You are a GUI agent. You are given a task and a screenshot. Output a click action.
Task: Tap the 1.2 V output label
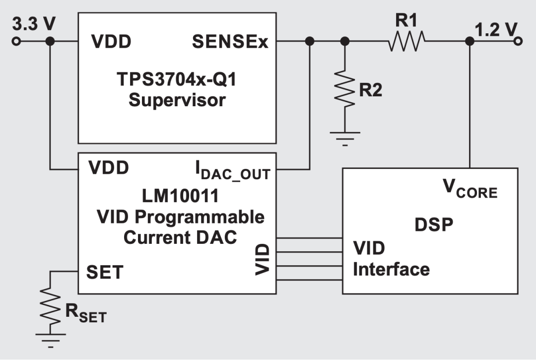coord(496,30)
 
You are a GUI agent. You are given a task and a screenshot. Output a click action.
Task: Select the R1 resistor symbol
coord(406,41)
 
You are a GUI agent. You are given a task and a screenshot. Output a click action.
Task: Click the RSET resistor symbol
coord(50,306)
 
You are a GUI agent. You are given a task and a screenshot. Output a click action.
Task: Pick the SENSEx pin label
coord(230,42)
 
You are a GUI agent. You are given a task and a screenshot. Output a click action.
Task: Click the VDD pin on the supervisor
coord(111,43)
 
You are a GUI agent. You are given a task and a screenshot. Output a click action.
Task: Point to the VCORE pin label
coord(469,189)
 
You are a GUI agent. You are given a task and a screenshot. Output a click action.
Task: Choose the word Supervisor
coord(177,100)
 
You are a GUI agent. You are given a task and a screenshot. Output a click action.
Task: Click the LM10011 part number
coord(180,196)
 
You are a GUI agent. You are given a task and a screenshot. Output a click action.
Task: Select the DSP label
coord(434,224)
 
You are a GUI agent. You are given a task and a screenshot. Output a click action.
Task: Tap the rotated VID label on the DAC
coord(262,259)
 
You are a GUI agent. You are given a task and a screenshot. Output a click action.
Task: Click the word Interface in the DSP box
coord(391,269)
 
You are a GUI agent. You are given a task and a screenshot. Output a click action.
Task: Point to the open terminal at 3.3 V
coord(17,41)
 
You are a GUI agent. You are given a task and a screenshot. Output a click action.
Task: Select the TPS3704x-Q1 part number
coord(177,79)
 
